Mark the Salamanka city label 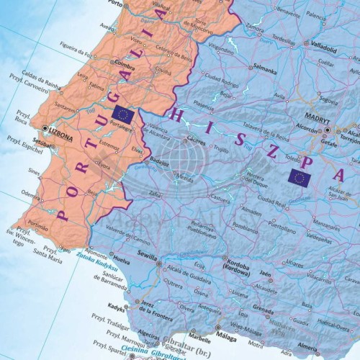(265, 72)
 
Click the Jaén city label (265, 274)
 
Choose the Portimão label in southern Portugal (38, 225)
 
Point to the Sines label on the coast (35, 171)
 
